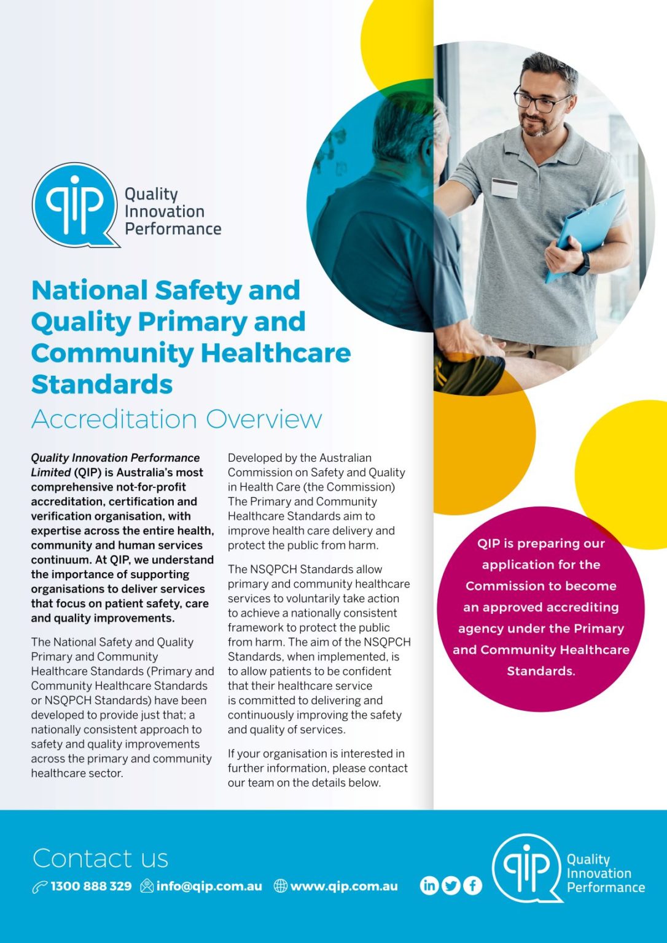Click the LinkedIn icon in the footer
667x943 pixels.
pos(429,885)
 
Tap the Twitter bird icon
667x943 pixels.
pos(451,885)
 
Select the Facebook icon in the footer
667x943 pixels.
pos(472,885)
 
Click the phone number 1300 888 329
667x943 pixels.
pos(91,886)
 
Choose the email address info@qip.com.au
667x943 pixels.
pos(209,886)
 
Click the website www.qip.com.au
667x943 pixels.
pos(344,886)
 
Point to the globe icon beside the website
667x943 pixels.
pos(281,886)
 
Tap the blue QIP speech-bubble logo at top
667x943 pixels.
pos(74,205)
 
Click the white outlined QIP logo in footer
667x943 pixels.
pos(527,867)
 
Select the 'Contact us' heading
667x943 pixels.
pos(100,858)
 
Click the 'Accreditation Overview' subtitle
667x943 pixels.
pos(177,419)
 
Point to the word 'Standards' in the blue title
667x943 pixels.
pos(102,384)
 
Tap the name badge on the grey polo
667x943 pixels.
pos(505,188)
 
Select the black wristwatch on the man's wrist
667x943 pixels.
pos(582,264)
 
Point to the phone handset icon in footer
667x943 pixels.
pos(40,887)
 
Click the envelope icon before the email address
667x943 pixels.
pos(147,886)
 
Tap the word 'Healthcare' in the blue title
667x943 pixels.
pos(276,353)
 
